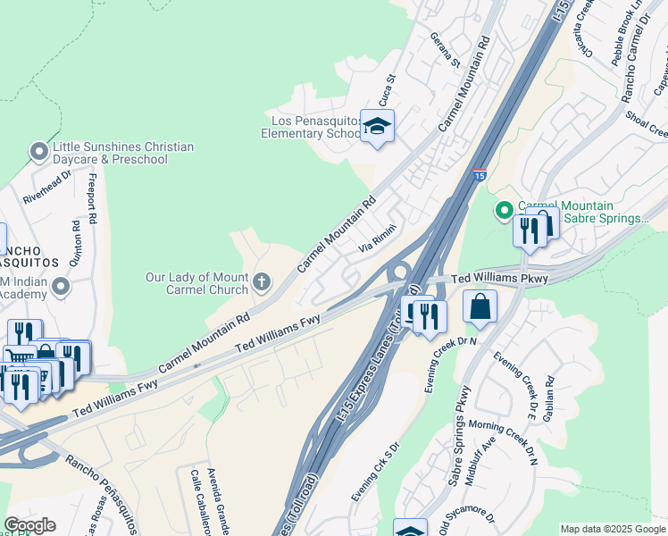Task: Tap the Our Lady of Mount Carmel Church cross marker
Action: [262, 283]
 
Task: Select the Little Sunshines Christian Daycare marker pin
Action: [38, 152]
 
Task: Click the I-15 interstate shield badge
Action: [480, 175]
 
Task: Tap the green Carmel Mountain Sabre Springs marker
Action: [505, 212]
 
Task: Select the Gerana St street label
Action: [444, 53]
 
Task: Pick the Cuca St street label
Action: [387, 88]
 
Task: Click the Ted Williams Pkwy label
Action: [498, 279]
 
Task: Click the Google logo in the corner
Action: [29, 525]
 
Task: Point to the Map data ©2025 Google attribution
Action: [612, 529]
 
